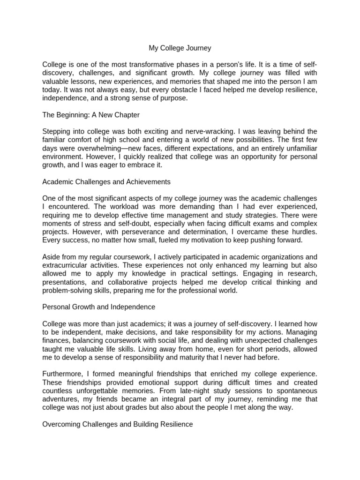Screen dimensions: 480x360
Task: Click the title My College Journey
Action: pos(180,48)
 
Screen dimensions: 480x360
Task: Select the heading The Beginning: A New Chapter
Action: pos(91,115)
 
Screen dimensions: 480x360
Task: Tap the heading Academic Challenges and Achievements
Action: pos(106,181)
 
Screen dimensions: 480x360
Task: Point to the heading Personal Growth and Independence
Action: pos(98,307)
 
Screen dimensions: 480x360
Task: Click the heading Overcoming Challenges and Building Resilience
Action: pos(117,424)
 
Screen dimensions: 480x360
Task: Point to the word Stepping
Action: pos(57,131)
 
